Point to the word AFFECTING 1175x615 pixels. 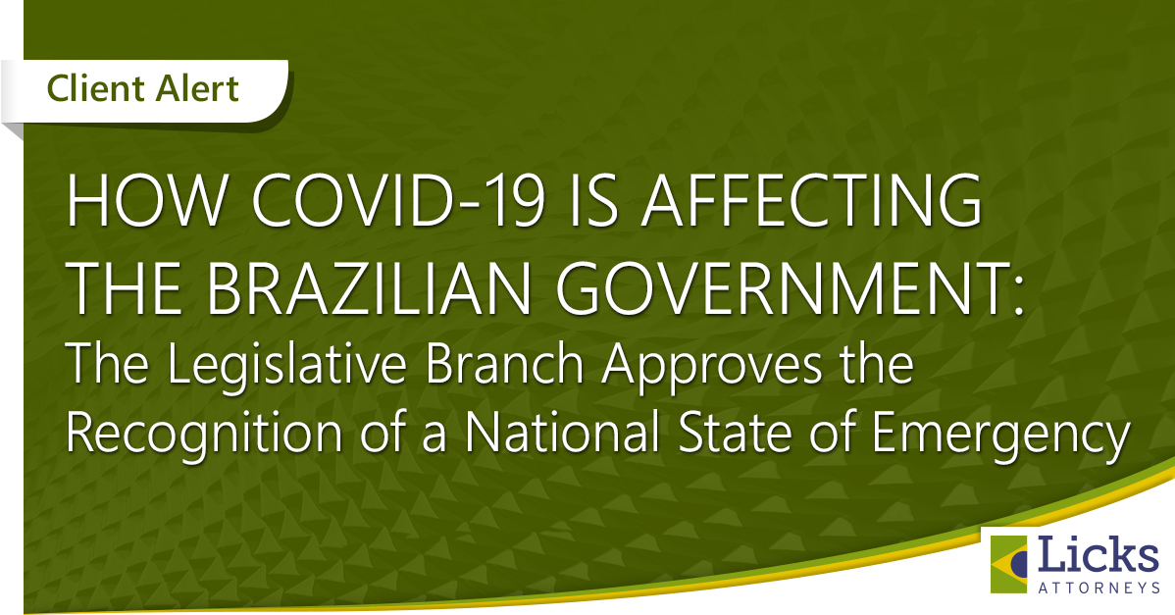coord(812,201)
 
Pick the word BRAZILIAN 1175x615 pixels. coord(369,287)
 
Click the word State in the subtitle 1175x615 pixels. coord(732,433)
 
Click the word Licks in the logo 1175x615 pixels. coord(1098,556)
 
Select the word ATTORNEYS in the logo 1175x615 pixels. coord(1098,589)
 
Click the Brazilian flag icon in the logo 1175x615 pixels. coord(1009,564)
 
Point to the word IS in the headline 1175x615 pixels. coord(592,201)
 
